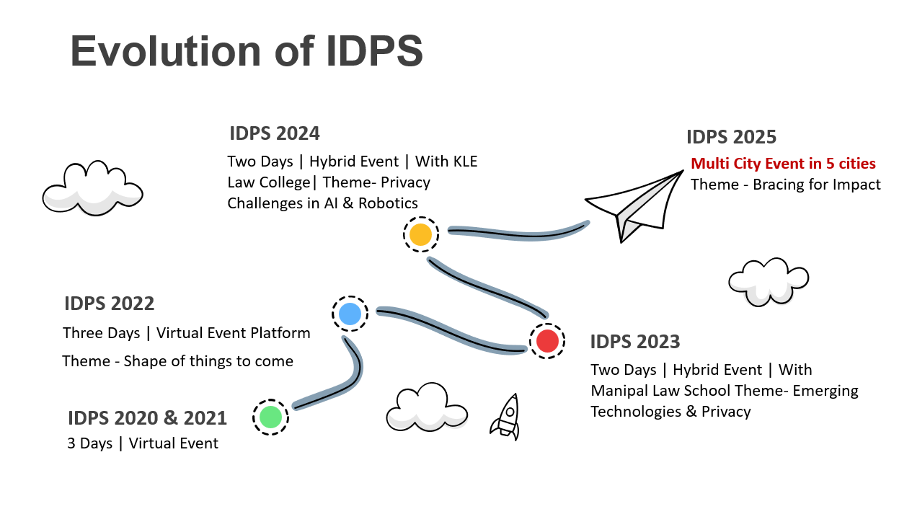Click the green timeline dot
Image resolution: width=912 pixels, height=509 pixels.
pyautogui.click(x=270, y=417)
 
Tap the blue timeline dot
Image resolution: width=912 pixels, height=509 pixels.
pyautogui.click(x=350, y=314)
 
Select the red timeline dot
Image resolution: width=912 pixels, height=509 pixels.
pyautogui.click(x=547, y=340)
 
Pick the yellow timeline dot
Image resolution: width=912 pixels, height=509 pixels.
pyautogui.click(x=420, y=234)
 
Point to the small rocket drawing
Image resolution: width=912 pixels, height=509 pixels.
pyautogui.click(x=506, y=417)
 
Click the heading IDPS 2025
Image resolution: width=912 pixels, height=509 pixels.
pyautogui.click(x=731, y=137)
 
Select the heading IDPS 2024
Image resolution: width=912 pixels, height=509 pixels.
pyautogui.click(x=274, y=133)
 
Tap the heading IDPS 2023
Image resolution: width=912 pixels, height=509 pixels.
pyautogui.click(x=634, y=341)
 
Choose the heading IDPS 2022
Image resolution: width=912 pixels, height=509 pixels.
pyautogui.click(x=109, y=304)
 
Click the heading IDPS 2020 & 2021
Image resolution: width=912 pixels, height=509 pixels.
pyautogui.click(x=147, y=417)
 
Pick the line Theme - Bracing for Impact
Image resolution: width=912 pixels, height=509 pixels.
pyautogui.click(x=785, y=185)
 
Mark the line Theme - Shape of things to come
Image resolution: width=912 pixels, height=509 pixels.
pyautogui.click(x=177, y=361)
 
